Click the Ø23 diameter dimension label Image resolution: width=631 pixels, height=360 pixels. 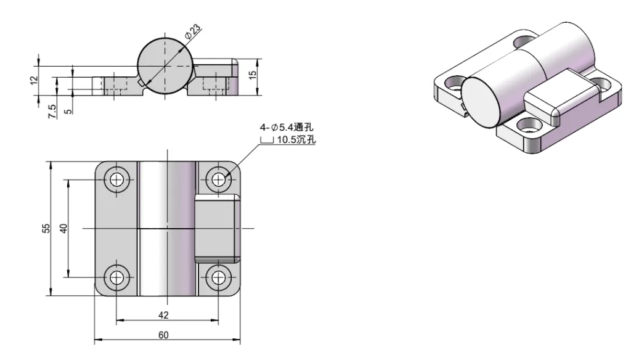(x=192, y=31)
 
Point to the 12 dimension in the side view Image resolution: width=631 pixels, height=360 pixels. (x=34, y=80)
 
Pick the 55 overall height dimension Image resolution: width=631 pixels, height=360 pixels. (x=45, y=229)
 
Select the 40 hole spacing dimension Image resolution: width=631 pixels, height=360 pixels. (x=62, y=229)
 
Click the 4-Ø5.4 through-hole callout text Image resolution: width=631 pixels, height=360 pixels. (x=287, y=128)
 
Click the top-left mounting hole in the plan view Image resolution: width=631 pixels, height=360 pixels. (x=116, y=180)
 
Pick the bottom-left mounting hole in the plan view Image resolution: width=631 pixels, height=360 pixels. (x=116, y=277)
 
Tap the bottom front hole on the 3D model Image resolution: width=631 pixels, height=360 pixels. (x=526, y=125)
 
